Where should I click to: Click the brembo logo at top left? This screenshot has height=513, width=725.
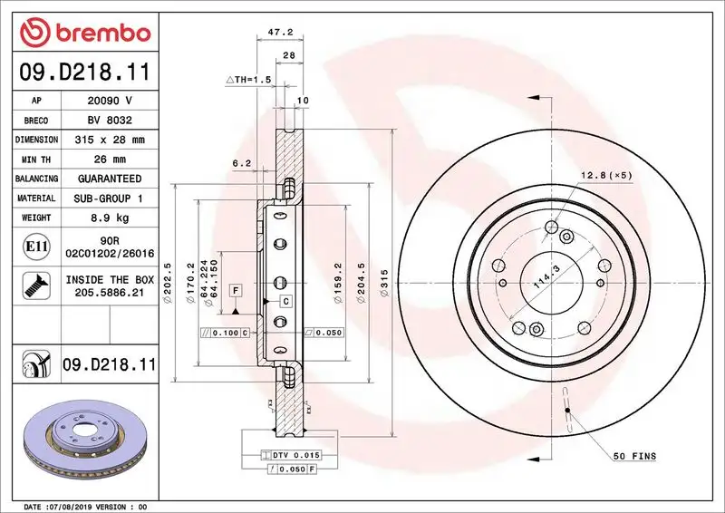pyautogui.click(x=84, y=33)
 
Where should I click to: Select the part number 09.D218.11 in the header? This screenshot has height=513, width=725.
pyautogui.click(x=84, y=69)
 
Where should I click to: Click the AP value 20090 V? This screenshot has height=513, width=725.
pyautogui.click(x=109, y=101)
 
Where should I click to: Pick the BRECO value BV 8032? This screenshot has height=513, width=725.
pyautogui.click(x=109, y=121)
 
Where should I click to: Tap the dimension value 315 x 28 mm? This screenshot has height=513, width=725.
pyautogui.click(x=109, y=140)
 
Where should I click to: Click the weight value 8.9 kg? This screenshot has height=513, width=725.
pyautogui.click(x=109, y=218)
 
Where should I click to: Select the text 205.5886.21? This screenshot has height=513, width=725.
pyautogui.click(x=109, y=295)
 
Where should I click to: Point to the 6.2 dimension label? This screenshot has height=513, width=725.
pyautogui.click(x=241, y=163)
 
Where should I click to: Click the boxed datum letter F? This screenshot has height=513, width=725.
pyautogui.click(x=235, y=290)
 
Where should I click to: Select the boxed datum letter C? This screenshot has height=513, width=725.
pyautogui.click(x=285, y=300)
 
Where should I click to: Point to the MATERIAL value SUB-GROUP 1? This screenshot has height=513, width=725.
pyautogui.click(x=109, y=198)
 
